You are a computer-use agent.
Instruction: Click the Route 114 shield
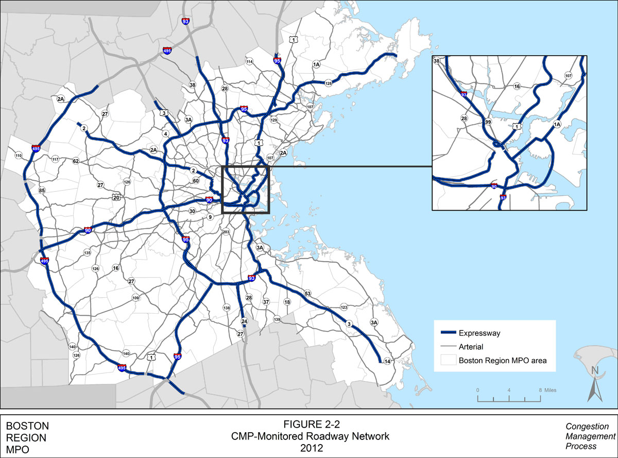tap(250, 62)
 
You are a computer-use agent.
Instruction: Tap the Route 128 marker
tap(329, 83)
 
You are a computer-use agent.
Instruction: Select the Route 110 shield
tap(19, 156)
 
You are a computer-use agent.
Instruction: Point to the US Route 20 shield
tap(116, 197)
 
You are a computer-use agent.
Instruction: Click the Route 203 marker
tap(226, 232)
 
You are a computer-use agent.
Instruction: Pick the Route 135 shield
tap(87, 253)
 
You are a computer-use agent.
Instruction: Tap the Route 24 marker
tap(245, 321)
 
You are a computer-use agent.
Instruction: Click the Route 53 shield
tap(308, 293)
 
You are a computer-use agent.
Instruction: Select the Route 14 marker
tap(387, 361)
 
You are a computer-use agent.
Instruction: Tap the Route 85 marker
tap(42, 191)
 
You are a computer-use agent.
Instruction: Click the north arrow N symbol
tap(594, 370)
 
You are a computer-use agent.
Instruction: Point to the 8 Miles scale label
tap(547, 390)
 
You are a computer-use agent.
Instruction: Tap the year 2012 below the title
tap(310, 448)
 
